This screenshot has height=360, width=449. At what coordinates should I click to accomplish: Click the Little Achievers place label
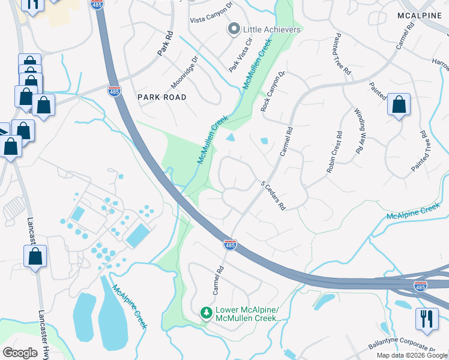pos(271,29)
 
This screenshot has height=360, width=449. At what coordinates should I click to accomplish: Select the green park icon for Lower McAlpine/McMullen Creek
pos(206,313)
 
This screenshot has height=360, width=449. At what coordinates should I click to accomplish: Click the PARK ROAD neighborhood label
pos(161,97)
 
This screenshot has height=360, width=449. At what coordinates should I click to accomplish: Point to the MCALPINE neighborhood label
pos(419,15)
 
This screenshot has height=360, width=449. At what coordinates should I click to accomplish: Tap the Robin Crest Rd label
pos(334,152)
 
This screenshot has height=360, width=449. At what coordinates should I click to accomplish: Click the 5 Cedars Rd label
pos(272,196)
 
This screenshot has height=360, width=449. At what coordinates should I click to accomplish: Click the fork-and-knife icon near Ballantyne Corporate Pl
pos(427,318)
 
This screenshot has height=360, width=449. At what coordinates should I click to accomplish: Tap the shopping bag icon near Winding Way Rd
pos(399,105)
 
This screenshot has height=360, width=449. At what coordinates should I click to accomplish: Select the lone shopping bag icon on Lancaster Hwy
pos(35,257)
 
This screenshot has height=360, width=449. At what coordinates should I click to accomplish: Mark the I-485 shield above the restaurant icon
pos(421,287)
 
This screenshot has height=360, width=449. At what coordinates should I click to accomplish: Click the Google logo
pos(20,353)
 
